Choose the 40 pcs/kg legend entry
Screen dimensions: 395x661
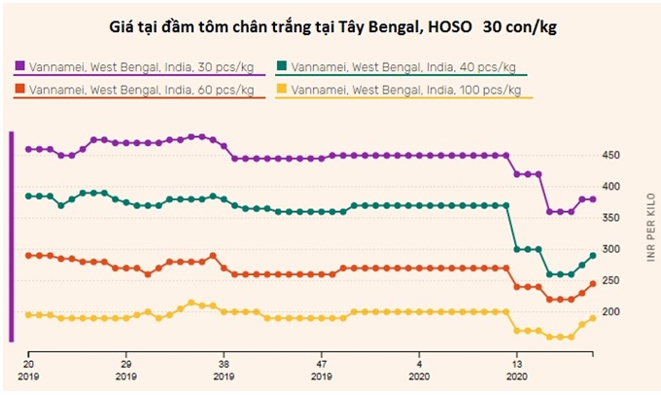[402, 66]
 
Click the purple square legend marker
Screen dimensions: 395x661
[19, 66]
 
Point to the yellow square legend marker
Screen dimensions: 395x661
[283, 90]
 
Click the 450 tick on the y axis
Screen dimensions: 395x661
[609, 155]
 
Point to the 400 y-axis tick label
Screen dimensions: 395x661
[609, 186]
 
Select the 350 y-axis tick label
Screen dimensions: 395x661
[609, 217]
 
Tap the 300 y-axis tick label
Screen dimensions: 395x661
[609, 249]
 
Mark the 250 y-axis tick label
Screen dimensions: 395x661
[609, 280]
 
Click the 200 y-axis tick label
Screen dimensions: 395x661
[609, 311]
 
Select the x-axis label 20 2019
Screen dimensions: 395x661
[28, 366]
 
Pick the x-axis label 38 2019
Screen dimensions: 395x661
[224, 366]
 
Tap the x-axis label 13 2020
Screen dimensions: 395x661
[517, 366]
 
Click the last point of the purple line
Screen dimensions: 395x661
[592, 198]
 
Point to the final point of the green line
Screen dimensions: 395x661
[592, 256]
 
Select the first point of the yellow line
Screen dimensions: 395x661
[28, 314]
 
